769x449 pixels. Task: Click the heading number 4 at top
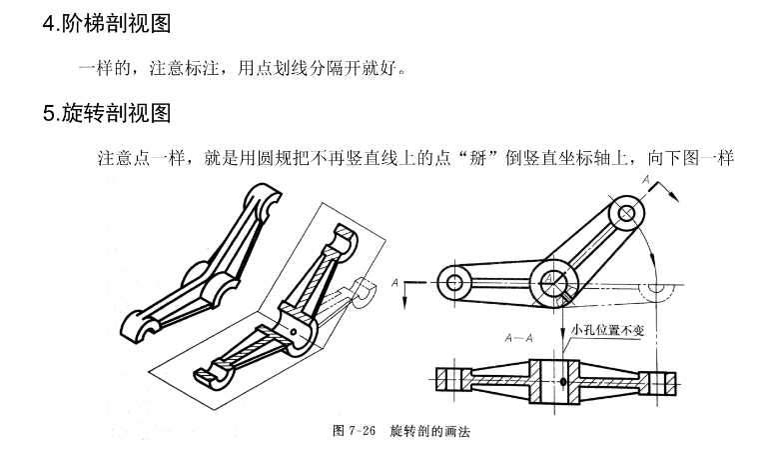(49, 23)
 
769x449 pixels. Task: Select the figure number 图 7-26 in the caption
(354, 432)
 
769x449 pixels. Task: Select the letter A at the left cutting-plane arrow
(396, 285)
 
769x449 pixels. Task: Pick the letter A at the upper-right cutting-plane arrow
(647, 181)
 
